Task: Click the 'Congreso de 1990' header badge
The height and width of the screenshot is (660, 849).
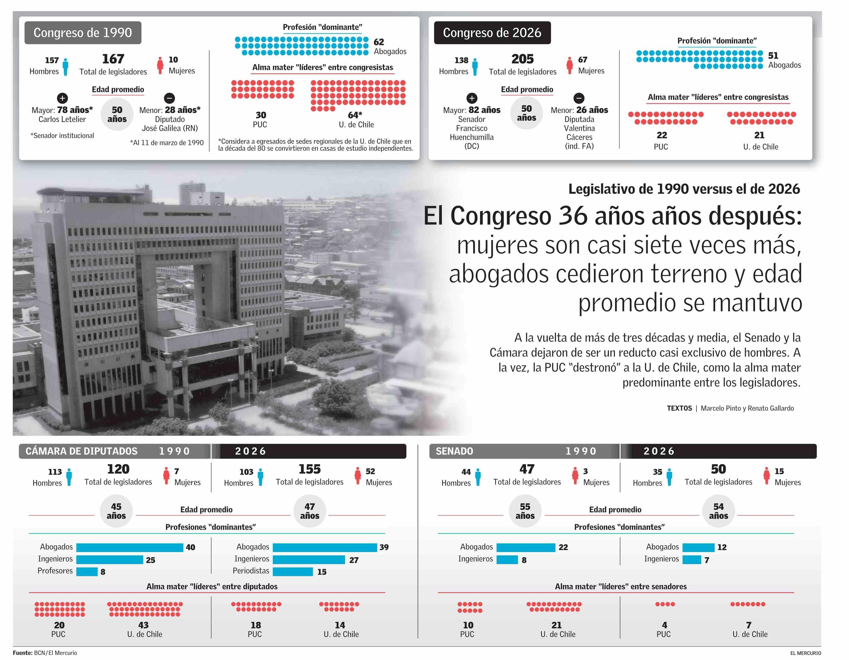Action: [x=83, y=33]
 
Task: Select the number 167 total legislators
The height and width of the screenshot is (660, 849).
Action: [x=113, y=59]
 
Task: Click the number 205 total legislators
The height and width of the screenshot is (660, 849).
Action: [x=522, y=59]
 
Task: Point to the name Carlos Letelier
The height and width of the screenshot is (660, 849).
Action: [x=62, y=119]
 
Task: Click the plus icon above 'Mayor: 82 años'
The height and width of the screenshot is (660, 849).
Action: [x=472, y=98]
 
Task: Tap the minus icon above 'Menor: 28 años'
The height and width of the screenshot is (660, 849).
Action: [x=170, y=98]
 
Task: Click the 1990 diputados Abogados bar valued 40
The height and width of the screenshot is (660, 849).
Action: [x=130, y=547]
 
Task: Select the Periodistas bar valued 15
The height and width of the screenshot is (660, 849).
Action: [x=293, y=571]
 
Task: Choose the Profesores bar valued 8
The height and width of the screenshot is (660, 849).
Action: [x=87, y=571]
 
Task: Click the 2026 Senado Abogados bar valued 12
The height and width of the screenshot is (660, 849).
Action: [x=698, y=547]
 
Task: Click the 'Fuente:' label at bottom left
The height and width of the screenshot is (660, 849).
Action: [x=22, y=653]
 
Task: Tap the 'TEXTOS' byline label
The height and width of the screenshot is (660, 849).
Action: [x=679, y=408]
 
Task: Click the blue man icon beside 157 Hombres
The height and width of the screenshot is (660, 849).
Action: [x=66, y=67]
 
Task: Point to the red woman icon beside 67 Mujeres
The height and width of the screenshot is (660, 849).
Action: [x=570, y=65]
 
